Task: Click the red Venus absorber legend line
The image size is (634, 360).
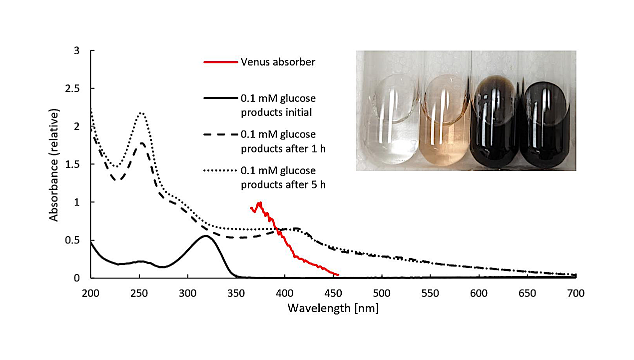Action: coord(220,62)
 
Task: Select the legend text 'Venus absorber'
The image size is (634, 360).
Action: coord(278,62)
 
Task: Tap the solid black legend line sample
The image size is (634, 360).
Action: coord(220,98)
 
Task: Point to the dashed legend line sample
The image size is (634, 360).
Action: coord(220,134)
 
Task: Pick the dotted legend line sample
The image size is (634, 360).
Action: coord(220,171)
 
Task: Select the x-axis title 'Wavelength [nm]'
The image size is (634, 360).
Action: coord(333,308)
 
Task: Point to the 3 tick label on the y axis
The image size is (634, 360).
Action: coord(76,50)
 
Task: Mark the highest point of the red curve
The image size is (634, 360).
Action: coord(260,202)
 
